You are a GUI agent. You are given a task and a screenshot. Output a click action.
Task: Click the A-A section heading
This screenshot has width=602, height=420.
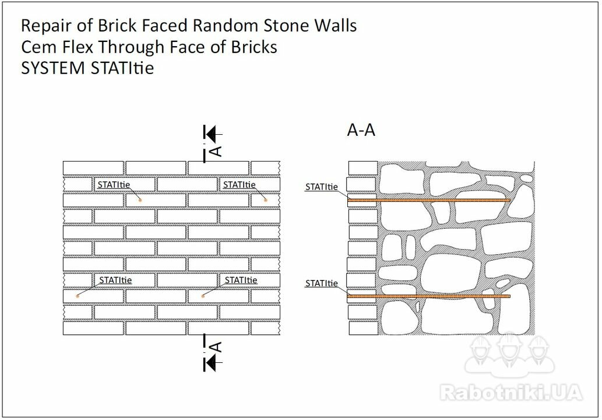(361, 130)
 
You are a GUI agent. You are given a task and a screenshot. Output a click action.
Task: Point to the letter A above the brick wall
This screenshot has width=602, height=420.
(216, 152)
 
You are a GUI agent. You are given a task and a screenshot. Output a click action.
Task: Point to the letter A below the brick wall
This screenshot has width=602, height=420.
(216, 346)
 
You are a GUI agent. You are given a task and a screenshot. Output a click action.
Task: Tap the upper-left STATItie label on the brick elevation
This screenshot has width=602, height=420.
(114, 185)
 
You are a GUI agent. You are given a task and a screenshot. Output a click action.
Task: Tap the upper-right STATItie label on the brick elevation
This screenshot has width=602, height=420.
(239, 185)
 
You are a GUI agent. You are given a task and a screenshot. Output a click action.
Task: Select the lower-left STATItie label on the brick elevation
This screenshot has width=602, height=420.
(115, 280)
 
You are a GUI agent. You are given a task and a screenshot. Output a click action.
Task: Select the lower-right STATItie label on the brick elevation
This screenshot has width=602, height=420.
(241, 280)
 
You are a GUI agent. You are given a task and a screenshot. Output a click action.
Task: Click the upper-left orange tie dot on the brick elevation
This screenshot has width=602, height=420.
(140, 200)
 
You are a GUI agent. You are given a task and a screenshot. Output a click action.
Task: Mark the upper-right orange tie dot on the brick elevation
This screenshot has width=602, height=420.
(265, 200)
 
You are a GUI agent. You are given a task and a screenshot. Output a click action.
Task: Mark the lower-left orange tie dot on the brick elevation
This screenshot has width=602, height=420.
(78, 296)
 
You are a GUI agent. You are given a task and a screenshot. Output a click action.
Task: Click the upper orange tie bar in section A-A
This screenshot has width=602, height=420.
(429, 200)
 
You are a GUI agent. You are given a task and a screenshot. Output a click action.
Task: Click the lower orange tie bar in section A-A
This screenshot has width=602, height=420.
(429, 296)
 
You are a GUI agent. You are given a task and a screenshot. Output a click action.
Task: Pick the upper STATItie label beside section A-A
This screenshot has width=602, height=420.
(321, 187)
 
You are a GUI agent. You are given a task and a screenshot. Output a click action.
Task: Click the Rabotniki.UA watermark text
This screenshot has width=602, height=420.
(511, 393)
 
